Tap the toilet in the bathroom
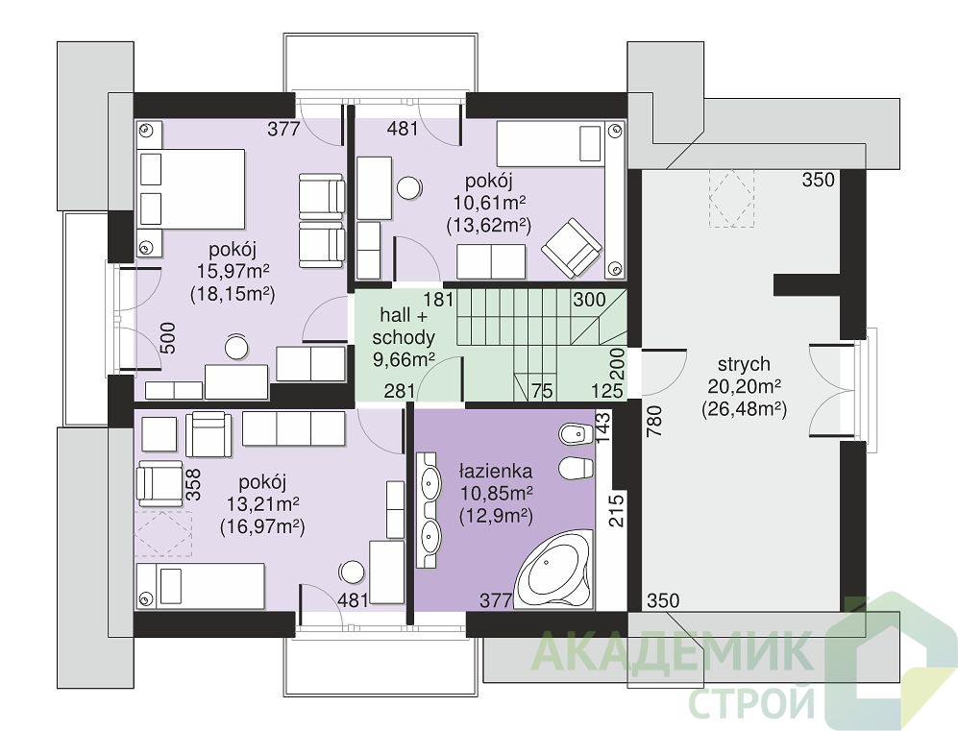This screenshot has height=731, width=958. point(577,469)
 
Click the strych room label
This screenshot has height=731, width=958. point(744,365)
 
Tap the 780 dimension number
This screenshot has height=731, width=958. point(654,422)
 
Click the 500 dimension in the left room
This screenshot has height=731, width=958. point(167,338)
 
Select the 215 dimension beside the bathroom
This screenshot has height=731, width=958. point(617,510)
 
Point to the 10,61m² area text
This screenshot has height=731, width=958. point(489,202)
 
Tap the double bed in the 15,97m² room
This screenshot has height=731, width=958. point(191,188)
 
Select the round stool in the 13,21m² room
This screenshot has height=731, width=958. point(352,572)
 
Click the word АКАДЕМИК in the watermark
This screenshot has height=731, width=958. point(672,653)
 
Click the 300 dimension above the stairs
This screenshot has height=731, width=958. point(589,300)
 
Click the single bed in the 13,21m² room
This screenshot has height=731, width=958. point(201,586)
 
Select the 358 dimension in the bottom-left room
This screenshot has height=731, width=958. point(193,484)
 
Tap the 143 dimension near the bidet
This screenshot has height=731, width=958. point(603,426)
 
